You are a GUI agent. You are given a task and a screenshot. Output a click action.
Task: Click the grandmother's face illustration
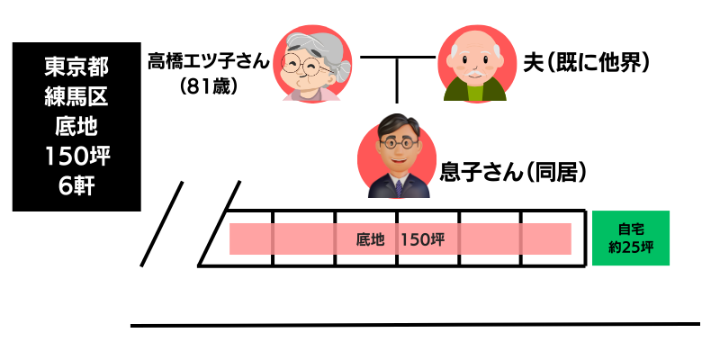(309, 64)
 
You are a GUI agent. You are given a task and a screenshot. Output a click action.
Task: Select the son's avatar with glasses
(397, 156)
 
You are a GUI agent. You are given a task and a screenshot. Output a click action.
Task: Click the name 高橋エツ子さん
(210, 63)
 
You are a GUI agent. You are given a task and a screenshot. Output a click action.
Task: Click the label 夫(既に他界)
(586, 63)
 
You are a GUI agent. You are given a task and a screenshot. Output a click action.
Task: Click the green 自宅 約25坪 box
(631, 238)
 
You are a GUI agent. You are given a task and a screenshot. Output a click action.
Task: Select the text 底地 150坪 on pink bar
(400, 239)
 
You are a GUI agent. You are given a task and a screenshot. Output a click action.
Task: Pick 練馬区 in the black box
(76, 96)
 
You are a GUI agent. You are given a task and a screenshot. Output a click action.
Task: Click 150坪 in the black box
(76, 157)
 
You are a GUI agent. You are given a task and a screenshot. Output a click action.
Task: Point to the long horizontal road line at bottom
(414, 324)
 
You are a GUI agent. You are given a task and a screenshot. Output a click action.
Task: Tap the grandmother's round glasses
(301, 65)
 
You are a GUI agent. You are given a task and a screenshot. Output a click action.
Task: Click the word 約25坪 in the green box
(631, 247)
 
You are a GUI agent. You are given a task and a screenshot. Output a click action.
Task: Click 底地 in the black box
(76, 126)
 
